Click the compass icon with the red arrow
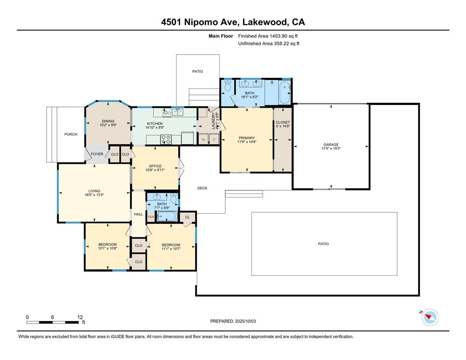coord(430,317)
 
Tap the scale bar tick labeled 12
coord(80,317)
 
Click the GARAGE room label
coord(331,144)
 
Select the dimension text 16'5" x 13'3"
coord(94,195)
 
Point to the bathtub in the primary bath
coord(284,92)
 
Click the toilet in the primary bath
coord(228,86)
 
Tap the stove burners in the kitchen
coord(166,139)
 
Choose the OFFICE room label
coord(155,166)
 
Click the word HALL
coord(138,214)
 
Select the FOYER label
coord(97,154)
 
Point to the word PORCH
coord(71,134)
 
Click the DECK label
coord(202,188)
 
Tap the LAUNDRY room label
coord(213,120)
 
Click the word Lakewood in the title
coord(265,22)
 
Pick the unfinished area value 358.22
coord(281,43)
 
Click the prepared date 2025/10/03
coord(245,321)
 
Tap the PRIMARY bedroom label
coord(247,138)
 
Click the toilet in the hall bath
coord(173,198)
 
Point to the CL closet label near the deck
coord(187,217)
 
